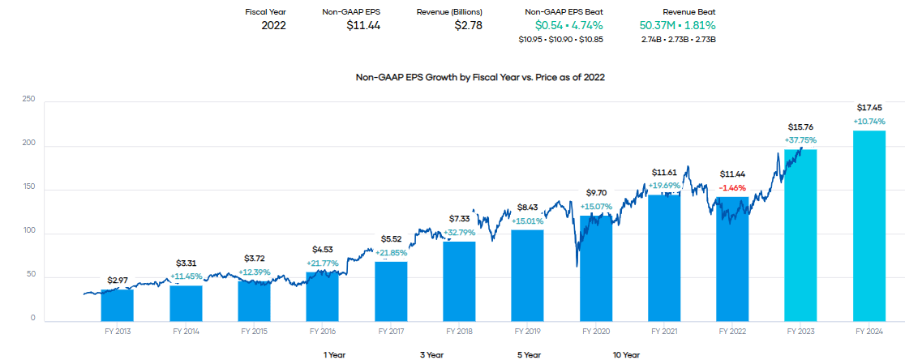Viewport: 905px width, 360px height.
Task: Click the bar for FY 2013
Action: [118, 305]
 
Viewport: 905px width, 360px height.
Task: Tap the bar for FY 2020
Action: [596, 268]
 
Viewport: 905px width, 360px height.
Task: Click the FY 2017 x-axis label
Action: [391, 332]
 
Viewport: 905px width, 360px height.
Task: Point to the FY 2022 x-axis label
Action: [732, 332]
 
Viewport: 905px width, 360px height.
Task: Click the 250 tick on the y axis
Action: [28, 100]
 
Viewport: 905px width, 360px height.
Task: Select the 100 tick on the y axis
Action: [28, 232]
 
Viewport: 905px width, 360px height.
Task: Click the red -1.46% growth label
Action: [732, 186]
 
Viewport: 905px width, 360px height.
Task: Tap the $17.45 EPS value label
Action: [869, 108]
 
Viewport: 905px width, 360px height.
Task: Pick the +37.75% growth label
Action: [801, 139]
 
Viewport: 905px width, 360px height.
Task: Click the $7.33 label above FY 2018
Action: [460, 219]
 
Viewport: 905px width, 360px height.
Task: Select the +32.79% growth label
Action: [460, 233]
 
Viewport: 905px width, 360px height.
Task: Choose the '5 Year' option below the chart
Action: [528, 354]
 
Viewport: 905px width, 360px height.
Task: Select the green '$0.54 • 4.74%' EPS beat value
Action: [564, 25]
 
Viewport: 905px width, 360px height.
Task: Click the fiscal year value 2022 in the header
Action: [273, 25]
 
